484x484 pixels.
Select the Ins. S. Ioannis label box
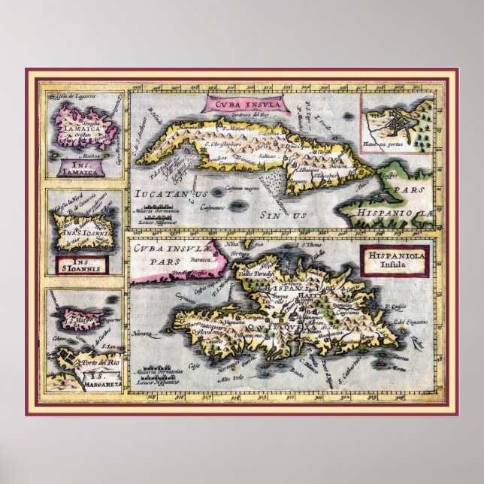click(84, 263)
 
